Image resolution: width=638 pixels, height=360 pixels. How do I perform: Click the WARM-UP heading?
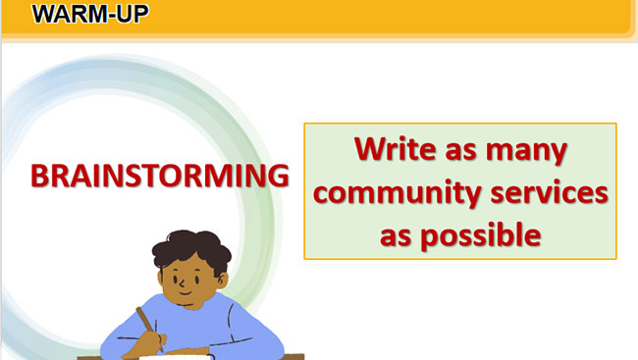(x=90, y=14)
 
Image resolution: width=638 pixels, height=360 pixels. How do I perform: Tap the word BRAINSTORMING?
(x=160, y=177)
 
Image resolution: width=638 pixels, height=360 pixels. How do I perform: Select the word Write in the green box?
(x=396, y=149)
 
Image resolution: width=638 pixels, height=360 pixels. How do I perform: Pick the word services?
(x=550, y=191)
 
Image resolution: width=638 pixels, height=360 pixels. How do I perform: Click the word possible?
(x=481, y=236)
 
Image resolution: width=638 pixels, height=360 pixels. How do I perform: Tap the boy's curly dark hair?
(x=191, y=249)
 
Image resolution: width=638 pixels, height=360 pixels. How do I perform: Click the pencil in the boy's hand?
(x=150, y=329)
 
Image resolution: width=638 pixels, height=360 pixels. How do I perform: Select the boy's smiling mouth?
(x=186, y=293)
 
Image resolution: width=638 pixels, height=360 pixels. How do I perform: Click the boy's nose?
(x=183, y=282)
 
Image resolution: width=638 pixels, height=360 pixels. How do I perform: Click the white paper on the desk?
(x=176, y=357)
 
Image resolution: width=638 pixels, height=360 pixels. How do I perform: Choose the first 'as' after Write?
(x=460, y=150)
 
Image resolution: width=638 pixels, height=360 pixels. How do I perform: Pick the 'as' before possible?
(x=396, y=236)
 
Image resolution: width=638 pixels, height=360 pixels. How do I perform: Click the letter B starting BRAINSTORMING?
(x=39, y=177)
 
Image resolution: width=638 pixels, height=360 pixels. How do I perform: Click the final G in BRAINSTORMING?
(x=278, y=177)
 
